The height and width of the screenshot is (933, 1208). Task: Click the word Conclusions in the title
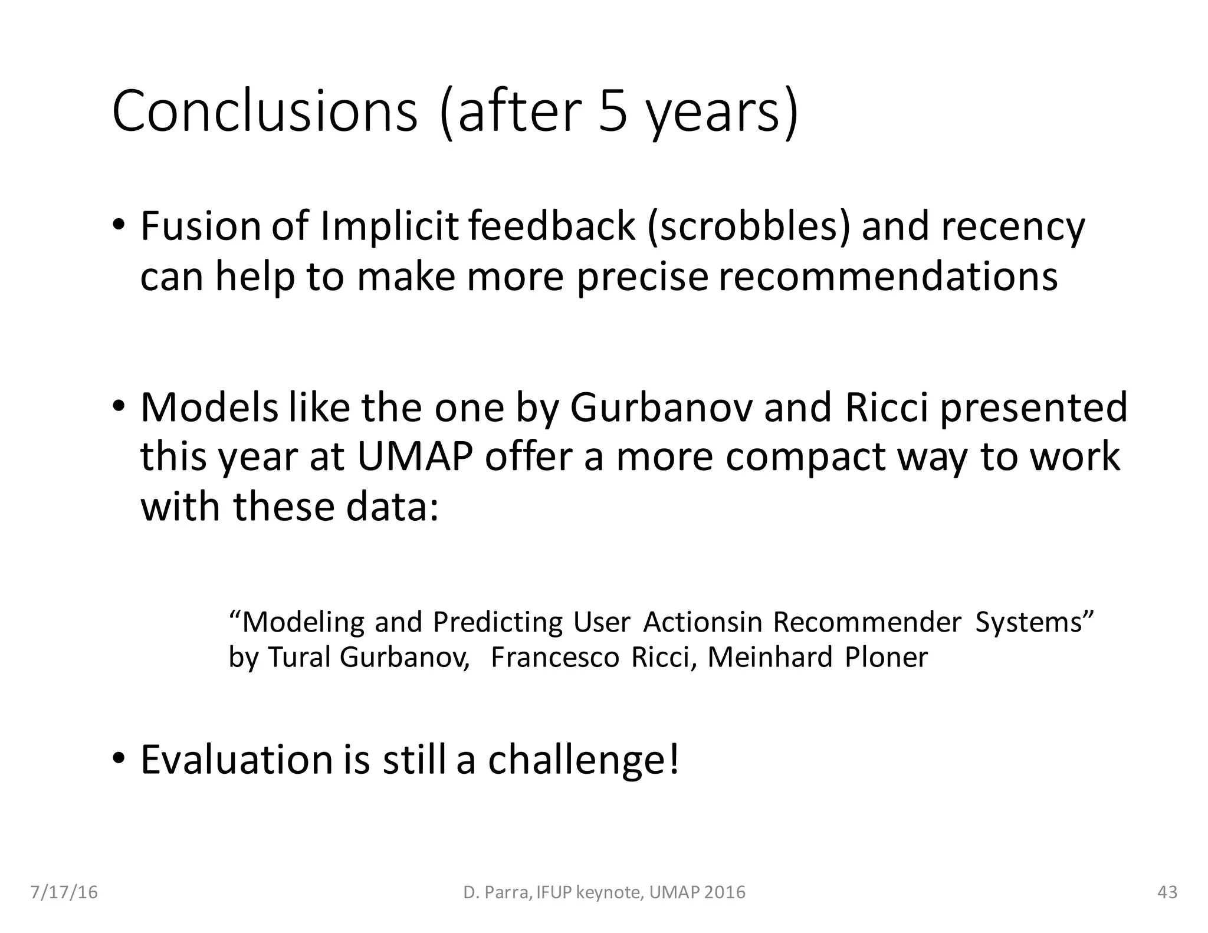[265, 111]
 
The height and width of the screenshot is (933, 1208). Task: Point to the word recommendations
[888, 277]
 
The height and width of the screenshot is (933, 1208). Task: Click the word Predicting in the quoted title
[498, 623]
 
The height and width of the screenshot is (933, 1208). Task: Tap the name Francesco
[555, 658]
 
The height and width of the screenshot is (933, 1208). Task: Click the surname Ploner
[886, 658]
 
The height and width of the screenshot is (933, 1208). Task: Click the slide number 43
[1167, 892]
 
